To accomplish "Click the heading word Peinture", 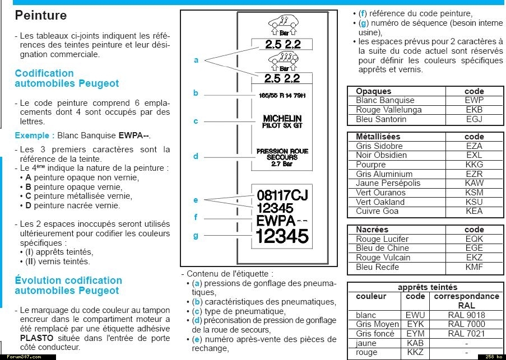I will click(40, 15).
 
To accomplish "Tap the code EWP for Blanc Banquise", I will click(474, 100).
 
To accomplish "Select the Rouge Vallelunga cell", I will click(388, 110).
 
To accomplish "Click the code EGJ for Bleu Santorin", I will click(474, 119).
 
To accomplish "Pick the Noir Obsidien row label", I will click(381, 155).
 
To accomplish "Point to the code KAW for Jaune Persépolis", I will click(474, 183).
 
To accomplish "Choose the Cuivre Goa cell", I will click(377, 211).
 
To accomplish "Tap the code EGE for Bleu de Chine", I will click(474, 248).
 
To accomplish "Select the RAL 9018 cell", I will click(467, 315).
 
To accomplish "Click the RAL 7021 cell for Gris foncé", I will click(467, 334).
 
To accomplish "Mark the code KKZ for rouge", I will click(415, 353).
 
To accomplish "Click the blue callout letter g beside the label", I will click(196, 236).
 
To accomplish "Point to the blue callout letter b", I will click(196, 93).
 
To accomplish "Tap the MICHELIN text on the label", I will click(282, 119).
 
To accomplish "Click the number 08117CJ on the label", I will click(282, 195).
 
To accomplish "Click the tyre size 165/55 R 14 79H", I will click(282, 96).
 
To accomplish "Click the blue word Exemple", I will click(34, 135).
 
